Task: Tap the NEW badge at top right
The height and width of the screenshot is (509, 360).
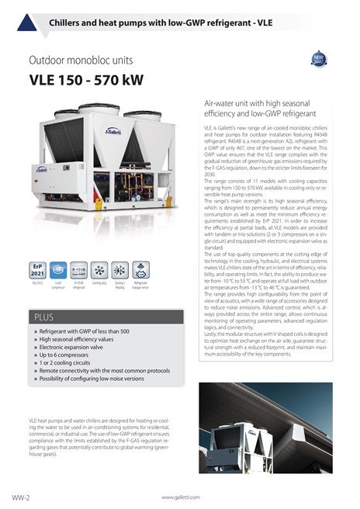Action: [319, 60]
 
